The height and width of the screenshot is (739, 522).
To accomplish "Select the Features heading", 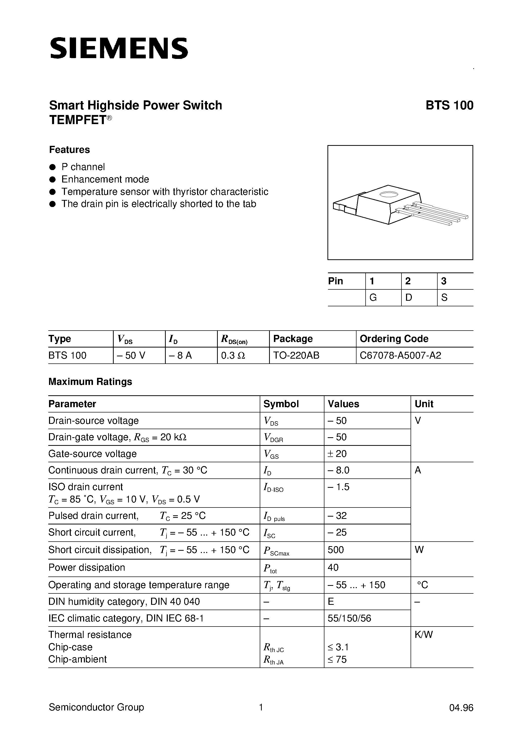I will point(69,150).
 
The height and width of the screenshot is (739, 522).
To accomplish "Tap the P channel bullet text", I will point(83,167).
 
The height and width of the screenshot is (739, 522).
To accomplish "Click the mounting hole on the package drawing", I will point(389,194).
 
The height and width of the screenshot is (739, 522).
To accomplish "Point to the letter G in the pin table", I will point(373,298).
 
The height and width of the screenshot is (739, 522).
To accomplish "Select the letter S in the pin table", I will point(444,298).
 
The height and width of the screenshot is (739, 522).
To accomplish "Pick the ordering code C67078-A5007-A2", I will point(400,355).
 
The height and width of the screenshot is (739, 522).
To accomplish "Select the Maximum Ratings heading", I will point(90,382).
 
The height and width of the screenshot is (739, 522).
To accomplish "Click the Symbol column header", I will point(281,404).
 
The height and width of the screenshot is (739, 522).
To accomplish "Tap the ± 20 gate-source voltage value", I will point(337,454).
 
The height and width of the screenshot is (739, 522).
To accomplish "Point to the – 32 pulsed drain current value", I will point(337,516).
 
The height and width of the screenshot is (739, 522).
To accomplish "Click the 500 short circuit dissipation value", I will point(336,550).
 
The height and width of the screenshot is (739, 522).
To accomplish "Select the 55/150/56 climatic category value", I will point(349,618).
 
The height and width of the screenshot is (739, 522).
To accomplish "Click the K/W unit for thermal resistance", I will point(423,635).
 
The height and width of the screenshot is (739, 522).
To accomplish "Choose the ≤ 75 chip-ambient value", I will point(337,659).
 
